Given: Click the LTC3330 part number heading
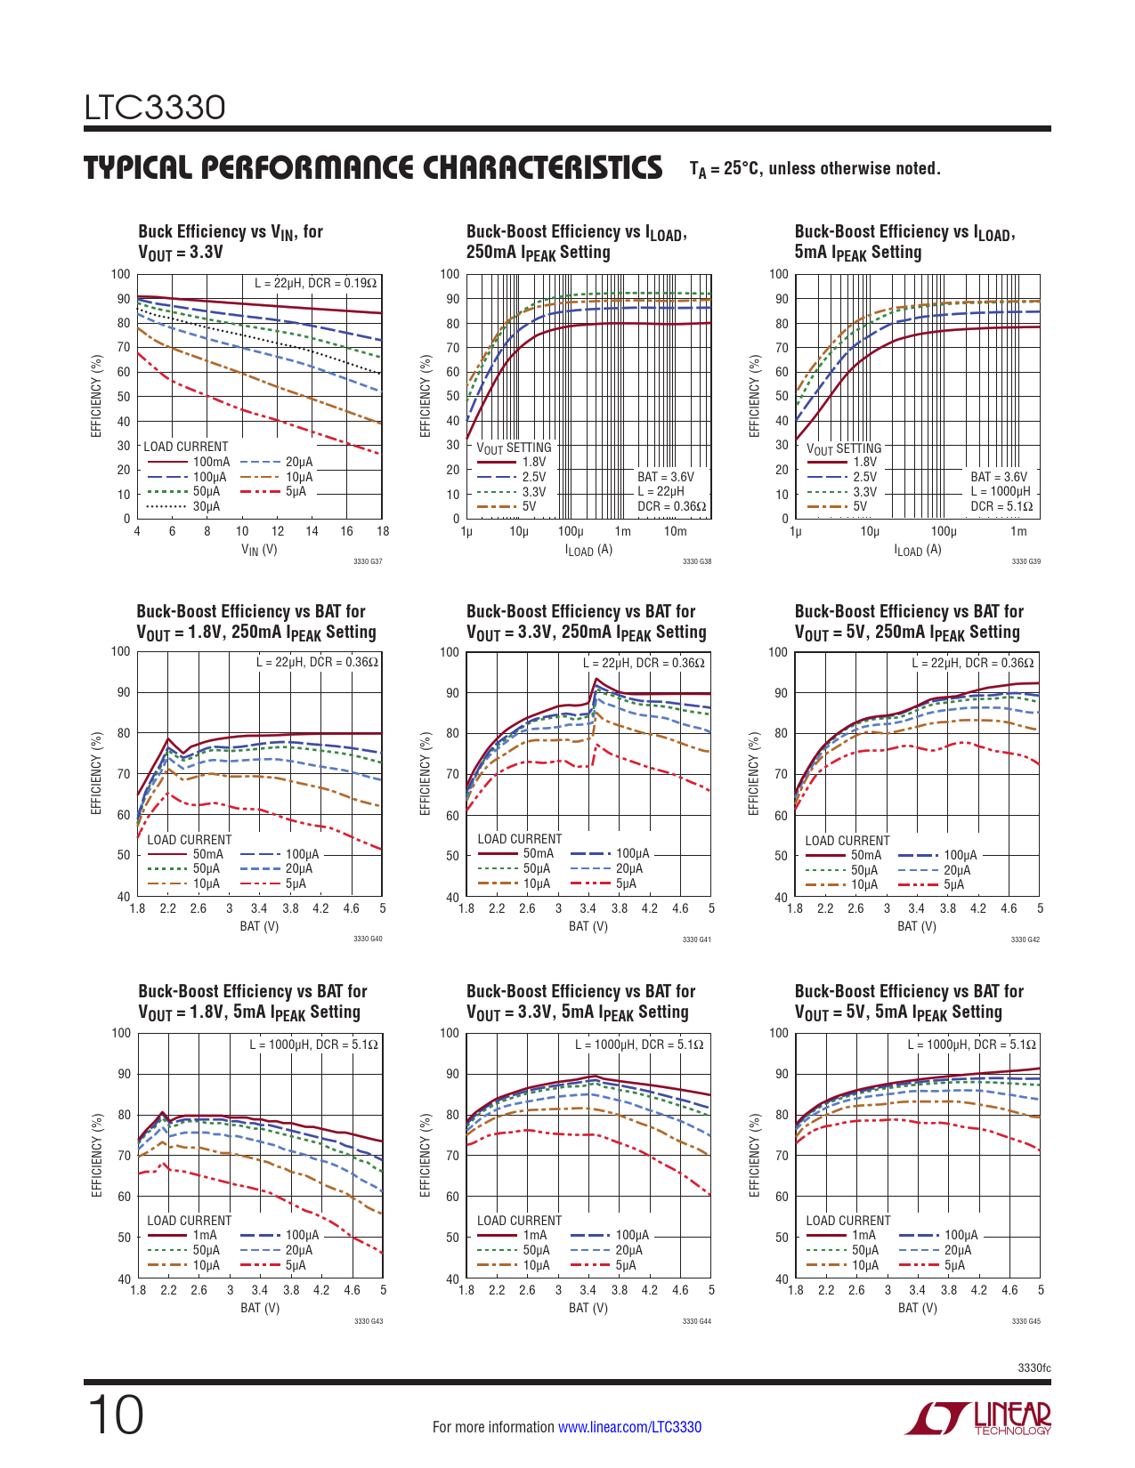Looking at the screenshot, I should coord(155,108).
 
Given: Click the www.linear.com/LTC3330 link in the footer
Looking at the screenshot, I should coord(629,1427).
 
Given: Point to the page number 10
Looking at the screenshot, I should coord(115,1416).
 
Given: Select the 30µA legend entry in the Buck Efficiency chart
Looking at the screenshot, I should coord(206,507).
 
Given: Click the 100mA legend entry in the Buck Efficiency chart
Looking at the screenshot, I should coord(211,462).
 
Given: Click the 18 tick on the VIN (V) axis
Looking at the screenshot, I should coord(383,531).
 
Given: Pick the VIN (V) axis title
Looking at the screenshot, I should coord(259,550).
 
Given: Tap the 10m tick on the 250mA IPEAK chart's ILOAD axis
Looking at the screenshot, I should coord(675,532).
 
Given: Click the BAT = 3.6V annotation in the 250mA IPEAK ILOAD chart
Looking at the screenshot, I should coord(665,477).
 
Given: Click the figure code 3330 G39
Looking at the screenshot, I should coord(1026,561).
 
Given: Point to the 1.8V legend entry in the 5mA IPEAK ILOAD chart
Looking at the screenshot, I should coord(864,462).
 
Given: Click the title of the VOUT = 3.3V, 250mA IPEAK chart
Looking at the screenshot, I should coord(586,622).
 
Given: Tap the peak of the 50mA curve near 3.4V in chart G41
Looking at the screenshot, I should coord(595,680).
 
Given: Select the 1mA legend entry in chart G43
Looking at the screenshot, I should coord(204,1235).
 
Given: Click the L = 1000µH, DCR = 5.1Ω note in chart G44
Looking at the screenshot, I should coord(638,1045).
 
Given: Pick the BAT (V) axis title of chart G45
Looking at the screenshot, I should coord(917,1308).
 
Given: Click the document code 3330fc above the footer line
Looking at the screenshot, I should coord(1034,1367).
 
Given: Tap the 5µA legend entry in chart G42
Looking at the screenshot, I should coord(953,884).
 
